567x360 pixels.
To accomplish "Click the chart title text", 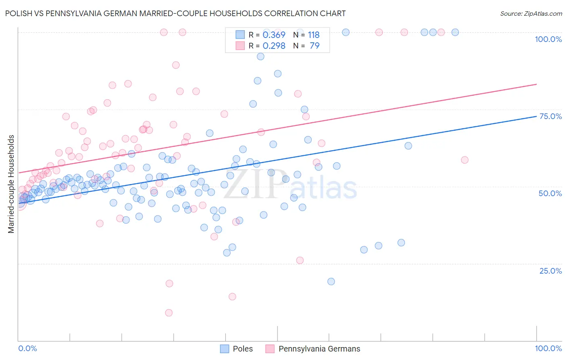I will [175, 13].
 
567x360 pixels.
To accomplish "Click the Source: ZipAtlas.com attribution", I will [531, 14].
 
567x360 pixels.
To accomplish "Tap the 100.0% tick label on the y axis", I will [548, 39].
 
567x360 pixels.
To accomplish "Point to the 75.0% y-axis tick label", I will [550, 116].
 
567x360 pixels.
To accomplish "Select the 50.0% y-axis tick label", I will [550, 193].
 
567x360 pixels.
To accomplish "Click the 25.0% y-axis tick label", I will [550, 271].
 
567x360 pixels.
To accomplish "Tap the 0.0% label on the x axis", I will [27, 348].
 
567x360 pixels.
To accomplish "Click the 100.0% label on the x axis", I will [548, 348].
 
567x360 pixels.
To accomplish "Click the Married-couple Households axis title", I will [11, 184].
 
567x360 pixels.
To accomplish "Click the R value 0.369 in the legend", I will [274, 35].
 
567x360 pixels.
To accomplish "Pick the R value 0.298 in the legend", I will [274, 46].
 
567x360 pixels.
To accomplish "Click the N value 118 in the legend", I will [314, 35].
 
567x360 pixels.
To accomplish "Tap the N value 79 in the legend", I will [315, 46].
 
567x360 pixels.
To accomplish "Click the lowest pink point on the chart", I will [169, 313].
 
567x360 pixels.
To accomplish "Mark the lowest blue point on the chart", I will [331, 281].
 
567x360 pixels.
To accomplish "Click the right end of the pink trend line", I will [536, 84].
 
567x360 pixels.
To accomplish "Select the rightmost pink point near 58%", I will [465, 160].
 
